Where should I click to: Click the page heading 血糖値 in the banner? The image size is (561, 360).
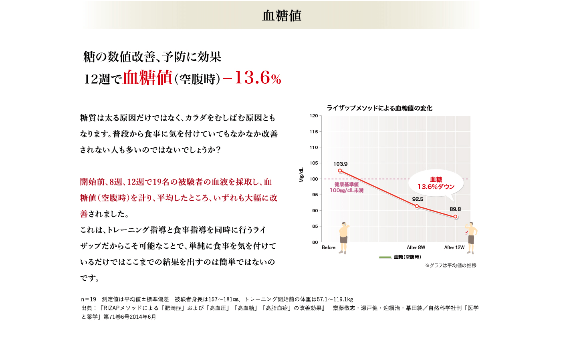tap(282, 16)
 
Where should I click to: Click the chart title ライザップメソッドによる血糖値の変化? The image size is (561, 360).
tap(379, 108)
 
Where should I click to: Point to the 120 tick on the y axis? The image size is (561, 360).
tap(314, 116)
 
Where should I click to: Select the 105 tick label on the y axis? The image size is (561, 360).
tap(314, 163)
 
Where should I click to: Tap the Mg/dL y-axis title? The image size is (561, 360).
tap(301, 175)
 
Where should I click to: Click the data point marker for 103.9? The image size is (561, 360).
tap(340, 171)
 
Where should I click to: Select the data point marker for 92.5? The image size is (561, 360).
tap(417, 206)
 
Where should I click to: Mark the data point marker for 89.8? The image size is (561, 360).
tap(455, 217)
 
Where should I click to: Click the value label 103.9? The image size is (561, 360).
tap(340, 164)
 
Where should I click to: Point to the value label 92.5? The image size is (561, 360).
tap(418, 199)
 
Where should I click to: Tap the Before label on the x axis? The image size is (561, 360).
tap(329, 247)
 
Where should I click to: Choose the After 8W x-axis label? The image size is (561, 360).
tap(416, 247)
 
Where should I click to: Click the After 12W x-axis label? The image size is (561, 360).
tap(454, 247)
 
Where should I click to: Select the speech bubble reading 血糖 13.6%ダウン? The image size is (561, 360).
tap(436, 183)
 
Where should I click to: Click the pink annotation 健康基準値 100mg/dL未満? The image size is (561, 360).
tap(347, 187)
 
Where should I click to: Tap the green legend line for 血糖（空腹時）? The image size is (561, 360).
tap(385, 257)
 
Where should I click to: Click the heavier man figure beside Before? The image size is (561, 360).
tap(343, 238)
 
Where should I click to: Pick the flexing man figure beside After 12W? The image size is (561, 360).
tap(471, 237)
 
